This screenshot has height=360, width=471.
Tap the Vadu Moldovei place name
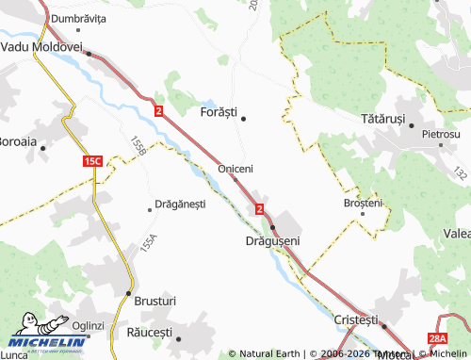[42, 45]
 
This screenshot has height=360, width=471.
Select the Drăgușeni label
[271, 241]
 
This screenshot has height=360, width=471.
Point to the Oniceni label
[235, 168]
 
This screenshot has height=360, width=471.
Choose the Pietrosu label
[441, 135]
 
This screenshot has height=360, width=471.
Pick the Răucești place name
[149, 334]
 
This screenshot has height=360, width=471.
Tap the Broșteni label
[364, 203]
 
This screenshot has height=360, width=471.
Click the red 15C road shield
[91, 162]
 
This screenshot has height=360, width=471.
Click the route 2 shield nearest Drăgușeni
[259, 207]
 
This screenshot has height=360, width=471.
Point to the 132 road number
[460, 174]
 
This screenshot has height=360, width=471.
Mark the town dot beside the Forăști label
[244, 119]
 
